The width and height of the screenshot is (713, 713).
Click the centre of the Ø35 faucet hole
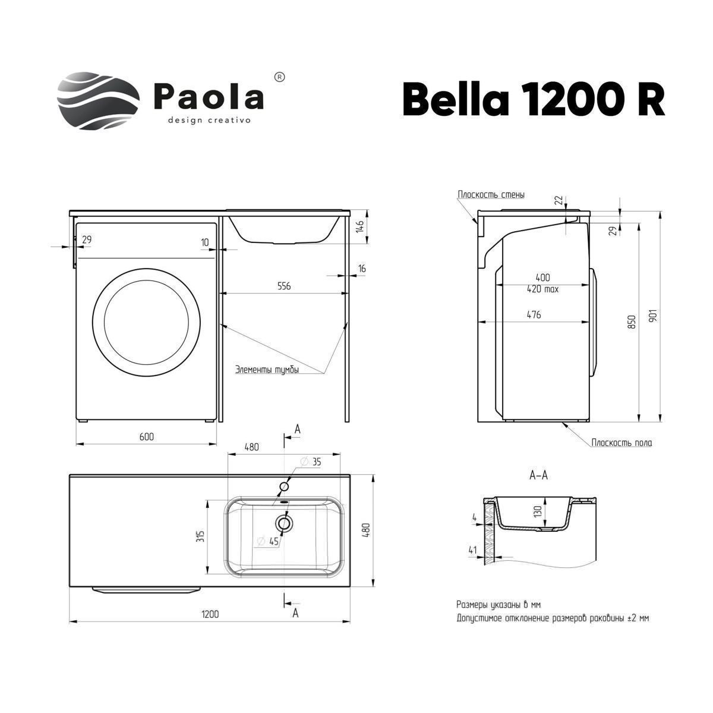(284, 486)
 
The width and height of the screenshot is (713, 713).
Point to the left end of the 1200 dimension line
(70, 621)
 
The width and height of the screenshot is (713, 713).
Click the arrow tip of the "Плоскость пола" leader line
(563, 423)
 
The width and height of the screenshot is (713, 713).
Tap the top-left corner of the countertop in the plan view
(70, 474)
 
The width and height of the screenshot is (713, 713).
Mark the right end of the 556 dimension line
(345, 294)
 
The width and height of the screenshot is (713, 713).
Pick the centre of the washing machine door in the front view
(147, 322)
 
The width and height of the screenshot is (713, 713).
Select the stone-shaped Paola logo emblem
(99, 100)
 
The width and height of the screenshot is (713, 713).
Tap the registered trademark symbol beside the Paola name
(279, 77)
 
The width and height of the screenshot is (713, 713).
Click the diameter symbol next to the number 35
(305, 462)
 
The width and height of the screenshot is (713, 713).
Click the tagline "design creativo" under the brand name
(209, 120)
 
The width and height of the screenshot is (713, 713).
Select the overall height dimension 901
(654, 315)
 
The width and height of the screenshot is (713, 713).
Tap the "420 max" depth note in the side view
(542, 289)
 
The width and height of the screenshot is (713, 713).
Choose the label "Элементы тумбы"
(267, 369)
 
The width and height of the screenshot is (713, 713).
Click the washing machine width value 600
(147, 437)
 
